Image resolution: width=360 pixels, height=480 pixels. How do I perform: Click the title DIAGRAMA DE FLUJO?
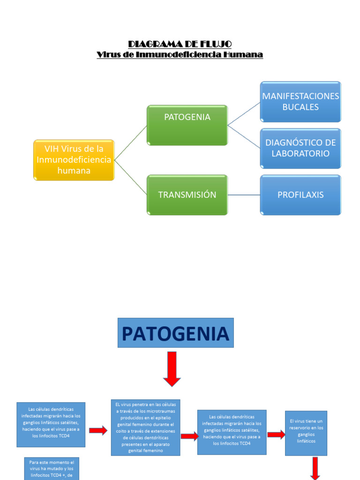tap(180, 44)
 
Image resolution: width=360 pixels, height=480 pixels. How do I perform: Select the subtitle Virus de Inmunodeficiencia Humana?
tap(180, 55)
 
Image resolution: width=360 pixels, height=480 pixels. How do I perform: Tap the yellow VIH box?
tap(74, 160)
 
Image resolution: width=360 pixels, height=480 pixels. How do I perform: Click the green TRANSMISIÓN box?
tap(187, 195)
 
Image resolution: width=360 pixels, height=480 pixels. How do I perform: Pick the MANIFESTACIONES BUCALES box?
tap(300, 102)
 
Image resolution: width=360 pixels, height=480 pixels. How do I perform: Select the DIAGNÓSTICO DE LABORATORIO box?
tap(300, 148)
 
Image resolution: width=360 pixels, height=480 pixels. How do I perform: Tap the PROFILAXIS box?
tap(300, 195)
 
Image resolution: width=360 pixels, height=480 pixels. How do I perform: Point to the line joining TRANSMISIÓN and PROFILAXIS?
tap(244, 195)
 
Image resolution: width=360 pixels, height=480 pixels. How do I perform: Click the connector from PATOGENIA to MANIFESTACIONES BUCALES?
tap(244, 114)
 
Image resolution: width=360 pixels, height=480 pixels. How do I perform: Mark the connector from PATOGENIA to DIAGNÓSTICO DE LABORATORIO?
tap(244, 136)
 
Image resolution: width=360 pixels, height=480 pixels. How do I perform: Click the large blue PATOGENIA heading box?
tap(175, 333)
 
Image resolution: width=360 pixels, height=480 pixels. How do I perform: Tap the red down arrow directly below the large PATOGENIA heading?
tap(172, 368)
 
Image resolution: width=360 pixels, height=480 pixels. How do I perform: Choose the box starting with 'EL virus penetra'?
tap(145, 427)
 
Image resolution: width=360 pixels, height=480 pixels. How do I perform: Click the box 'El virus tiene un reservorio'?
tap(306, 433)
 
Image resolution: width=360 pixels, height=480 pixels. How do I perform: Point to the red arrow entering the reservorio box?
tap(276, 435)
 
